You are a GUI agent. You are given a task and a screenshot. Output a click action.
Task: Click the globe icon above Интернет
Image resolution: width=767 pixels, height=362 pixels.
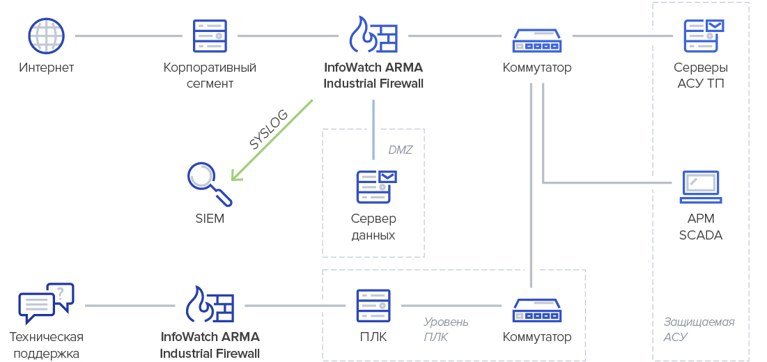(x=46, y=36)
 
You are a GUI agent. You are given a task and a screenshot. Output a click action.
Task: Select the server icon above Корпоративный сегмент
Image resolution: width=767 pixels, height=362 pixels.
(x=210, y=36)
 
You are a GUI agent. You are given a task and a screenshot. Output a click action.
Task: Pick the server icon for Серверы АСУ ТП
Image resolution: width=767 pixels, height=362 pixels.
(x=702, y=35)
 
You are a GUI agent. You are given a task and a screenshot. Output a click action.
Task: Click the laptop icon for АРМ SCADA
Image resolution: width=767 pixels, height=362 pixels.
(x=700, y=187)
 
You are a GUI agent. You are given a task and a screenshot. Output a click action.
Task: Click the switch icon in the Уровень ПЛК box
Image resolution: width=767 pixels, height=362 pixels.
(x=536, y=310)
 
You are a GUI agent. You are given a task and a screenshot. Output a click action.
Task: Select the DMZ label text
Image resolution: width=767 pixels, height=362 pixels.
(x=401, y=150)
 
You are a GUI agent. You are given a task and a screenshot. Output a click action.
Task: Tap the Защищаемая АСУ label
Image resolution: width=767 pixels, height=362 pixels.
(x=698, y=329)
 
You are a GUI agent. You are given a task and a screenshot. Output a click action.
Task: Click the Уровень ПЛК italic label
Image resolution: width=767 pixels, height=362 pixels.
(x=446, y=329)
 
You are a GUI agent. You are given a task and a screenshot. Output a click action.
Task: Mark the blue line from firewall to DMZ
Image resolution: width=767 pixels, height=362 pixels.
(x=373, y=129)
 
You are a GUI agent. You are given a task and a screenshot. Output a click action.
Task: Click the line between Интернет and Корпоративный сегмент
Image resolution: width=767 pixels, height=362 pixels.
(x=127, y=36)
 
